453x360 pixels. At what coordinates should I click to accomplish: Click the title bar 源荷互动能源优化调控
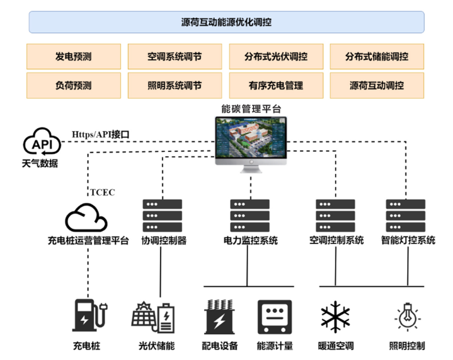point(226,22)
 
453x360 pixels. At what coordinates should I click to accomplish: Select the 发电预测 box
point(73,56)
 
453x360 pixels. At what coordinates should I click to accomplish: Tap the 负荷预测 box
point(73,85)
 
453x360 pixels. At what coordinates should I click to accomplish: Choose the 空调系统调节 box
point(175,56)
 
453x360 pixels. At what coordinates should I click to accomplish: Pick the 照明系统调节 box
point(175,85)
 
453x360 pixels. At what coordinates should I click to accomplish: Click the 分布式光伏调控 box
point(276,56)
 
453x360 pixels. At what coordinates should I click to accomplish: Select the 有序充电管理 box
point(276,85)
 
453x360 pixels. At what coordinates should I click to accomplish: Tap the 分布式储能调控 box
point(377,56)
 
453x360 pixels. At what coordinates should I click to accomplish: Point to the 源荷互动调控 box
point(377,85)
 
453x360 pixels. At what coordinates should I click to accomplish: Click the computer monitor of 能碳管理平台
point(250,139)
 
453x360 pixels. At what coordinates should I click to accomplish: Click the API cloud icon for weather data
point(42,143)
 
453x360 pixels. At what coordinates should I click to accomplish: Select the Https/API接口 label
point(100,134)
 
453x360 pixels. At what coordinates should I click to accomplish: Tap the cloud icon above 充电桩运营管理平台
point(87,218)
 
